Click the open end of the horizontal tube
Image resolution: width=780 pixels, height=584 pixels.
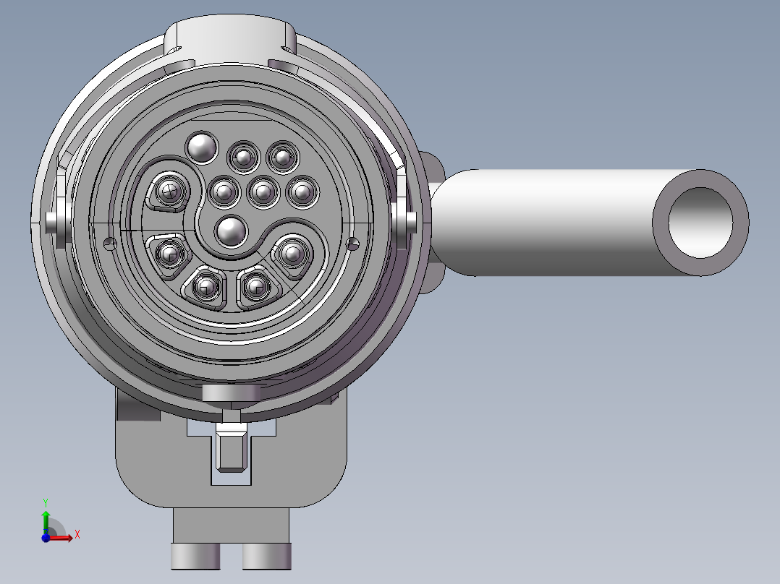click(x=700, y=223)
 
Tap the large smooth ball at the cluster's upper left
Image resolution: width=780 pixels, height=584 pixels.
click(x=202, y=147)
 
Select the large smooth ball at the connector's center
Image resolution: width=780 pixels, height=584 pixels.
click(x=231, y=231)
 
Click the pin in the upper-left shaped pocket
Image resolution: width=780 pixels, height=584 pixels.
click(x=169, y=192)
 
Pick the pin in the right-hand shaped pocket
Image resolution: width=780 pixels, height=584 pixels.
click(x=292, y=253)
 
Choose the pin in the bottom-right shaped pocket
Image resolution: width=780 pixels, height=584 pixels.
click(x=255, y=285)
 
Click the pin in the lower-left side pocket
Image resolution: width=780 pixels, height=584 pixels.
click(x=170, y=254)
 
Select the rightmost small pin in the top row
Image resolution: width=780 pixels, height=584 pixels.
click(x=281, y=156)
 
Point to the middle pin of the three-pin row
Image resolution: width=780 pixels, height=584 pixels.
click(x=263, y=192)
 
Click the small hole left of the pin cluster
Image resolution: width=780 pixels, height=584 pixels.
click(x=110, y=243)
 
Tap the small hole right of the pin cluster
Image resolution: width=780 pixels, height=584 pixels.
click(x=353, y=243)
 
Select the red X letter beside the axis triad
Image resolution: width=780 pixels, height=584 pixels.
click(x=77, y=534)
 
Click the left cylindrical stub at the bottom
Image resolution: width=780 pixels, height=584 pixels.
click(x=195, y=556)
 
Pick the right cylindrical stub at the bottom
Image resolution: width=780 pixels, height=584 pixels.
click(x=266, y=556)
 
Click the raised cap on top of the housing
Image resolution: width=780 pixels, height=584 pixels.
click(x=231, y=40)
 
